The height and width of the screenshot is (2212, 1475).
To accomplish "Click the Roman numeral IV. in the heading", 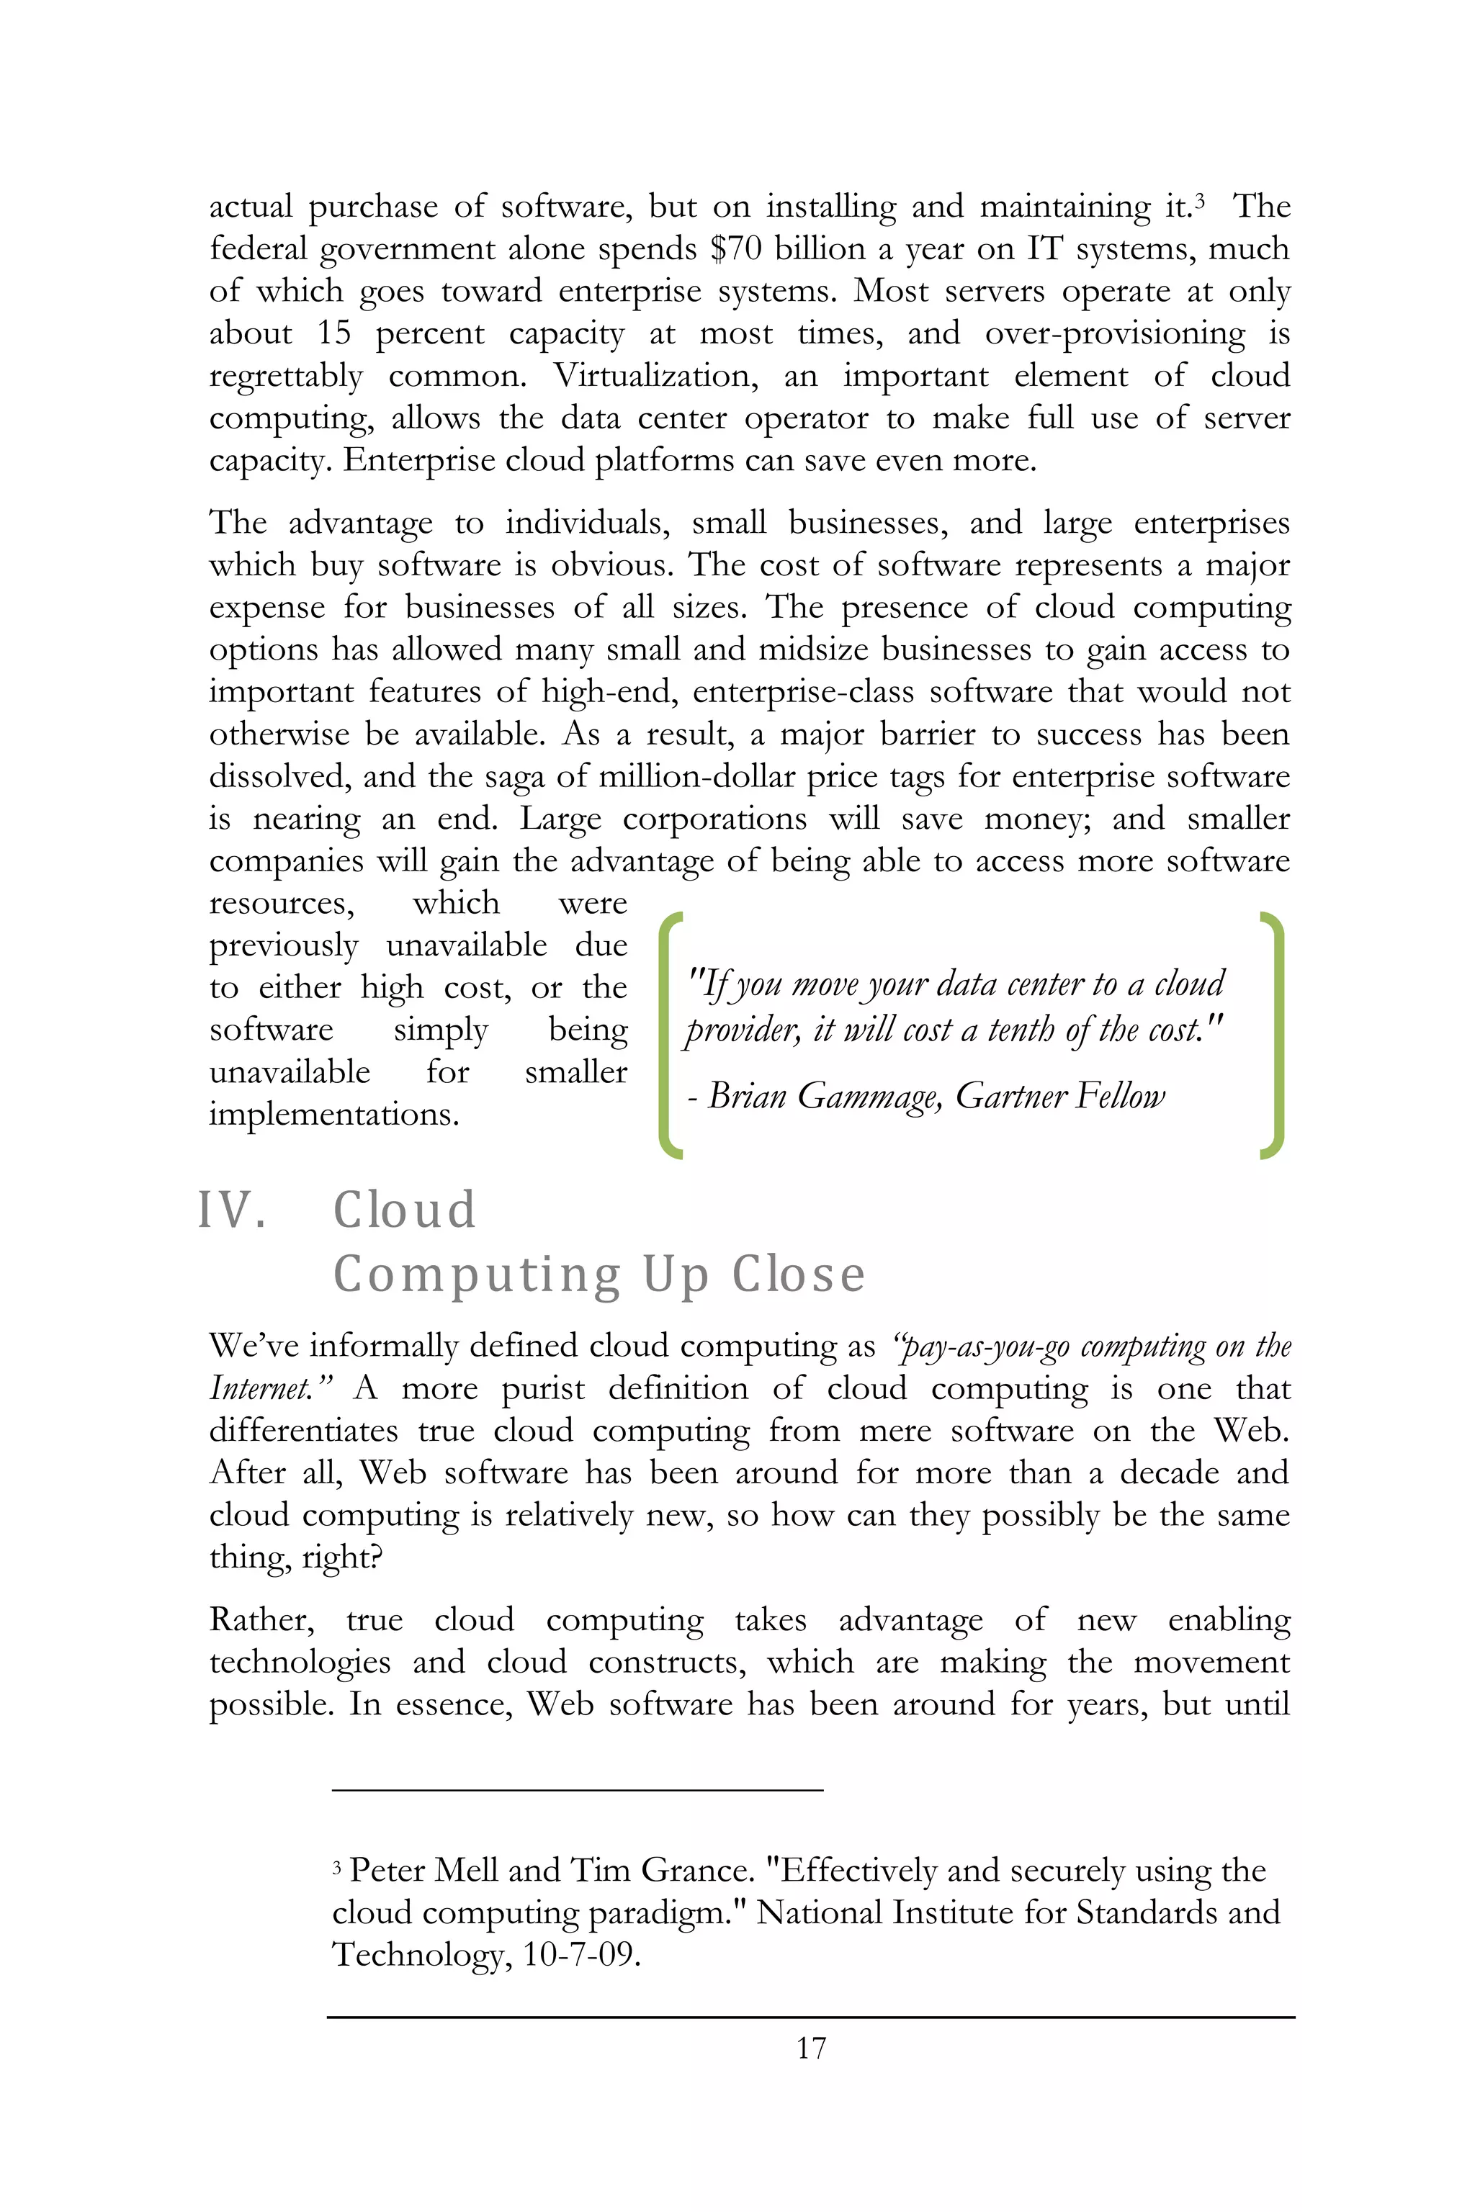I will [231, 1210].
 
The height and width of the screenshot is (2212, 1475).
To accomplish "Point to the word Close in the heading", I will [799, 1275].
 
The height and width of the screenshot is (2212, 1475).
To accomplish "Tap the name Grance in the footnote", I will [696, 1871].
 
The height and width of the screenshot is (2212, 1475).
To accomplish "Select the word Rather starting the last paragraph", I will [261, 1619].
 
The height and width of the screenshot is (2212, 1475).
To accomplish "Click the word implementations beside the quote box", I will [334, 1115].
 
